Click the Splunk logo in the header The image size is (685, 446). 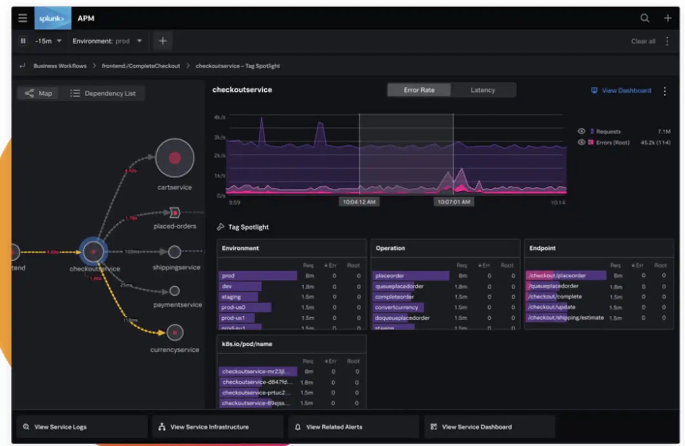(x=53, y=18)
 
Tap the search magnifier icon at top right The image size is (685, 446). (x=645, y=18)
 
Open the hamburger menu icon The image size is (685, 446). (x=23, y=18)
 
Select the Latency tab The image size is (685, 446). (x=483, y=90)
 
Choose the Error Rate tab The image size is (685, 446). (x=419, y=90)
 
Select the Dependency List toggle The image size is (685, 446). (x=103, y=93)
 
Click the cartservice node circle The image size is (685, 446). (x=175, y=158)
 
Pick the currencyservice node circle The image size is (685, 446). (x=175, y=333)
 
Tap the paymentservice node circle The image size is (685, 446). (x=175, y=291)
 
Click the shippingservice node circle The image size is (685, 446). (x=175, y=252)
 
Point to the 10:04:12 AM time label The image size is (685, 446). (x=359, y=202)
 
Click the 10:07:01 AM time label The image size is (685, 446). (x=454, y=202)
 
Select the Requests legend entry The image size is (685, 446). (x=608, y=132)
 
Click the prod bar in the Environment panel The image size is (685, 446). (x=258, y=276)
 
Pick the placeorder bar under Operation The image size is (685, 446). (x=411, y=276)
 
